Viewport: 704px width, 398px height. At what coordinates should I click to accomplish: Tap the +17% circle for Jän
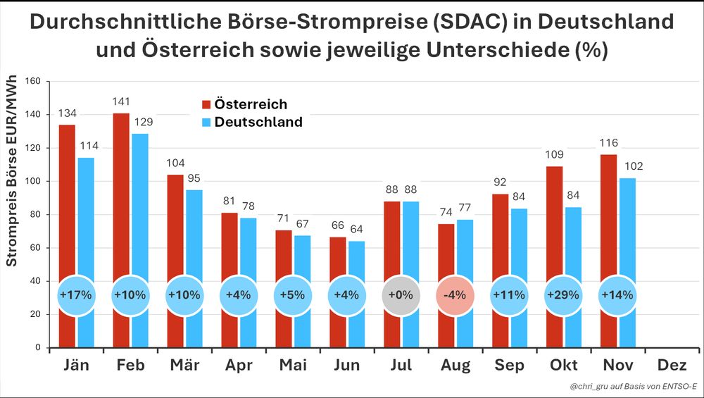(x=75, y=294)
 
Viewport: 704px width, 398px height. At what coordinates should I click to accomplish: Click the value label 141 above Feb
(x=121, y=102)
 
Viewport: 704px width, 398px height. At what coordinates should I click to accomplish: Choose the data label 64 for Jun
(x=356, y=230)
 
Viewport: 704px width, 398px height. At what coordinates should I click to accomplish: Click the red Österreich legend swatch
(x=206, y=104)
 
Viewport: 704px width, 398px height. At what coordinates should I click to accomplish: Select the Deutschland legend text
(x=258, y=122)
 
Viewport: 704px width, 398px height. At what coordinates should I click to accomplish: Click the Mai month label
(x=293, y=365)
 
